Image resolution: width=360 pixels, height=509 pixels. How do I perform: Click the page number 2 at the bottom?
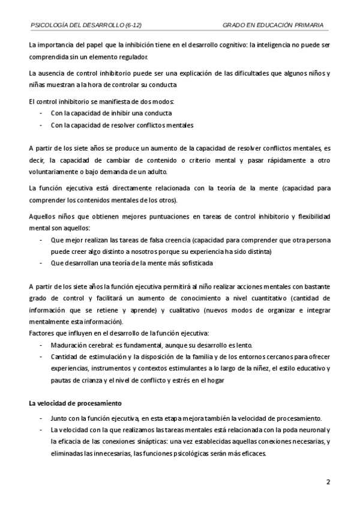click(328, 483)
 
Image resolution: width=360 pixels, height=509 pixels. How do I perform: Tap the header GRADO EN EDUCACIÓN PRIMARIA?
click(273, 25)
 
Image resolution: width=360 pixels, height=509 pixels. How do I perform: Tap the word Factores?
click(43, 333)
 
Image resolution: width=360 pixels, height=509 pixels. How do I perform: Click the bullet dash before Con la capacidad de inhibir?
click(41, 113)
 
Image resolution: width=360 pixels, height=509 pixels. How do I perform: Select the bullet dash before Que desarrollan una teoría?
click(41, 263)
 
